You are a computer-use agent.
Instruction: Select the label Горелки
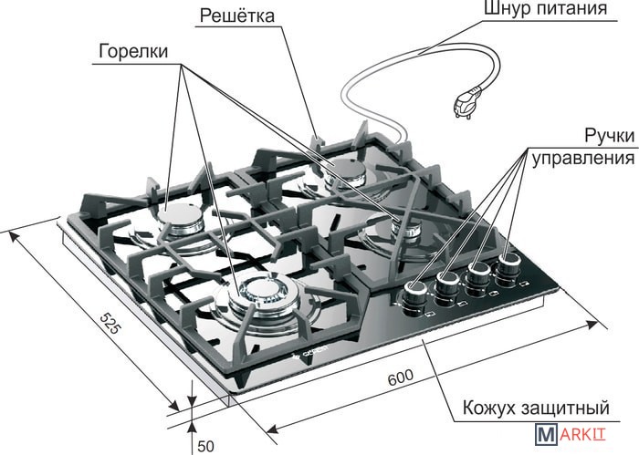tap(133, 52)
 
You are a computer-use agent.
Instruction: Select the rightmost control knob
tap(508, 265)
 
